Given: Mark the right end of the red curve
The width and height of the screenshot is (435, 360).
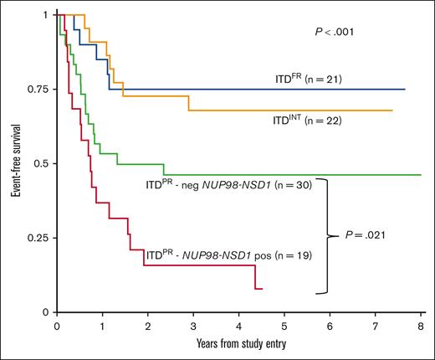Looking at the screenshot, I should tap(262, 289).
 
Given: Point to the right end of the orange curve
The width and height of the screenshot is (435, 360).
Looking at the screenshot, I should tap(392, 111).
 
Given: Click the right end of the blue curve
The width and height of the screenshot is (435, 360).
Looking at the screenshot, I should tap(405, 89).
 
